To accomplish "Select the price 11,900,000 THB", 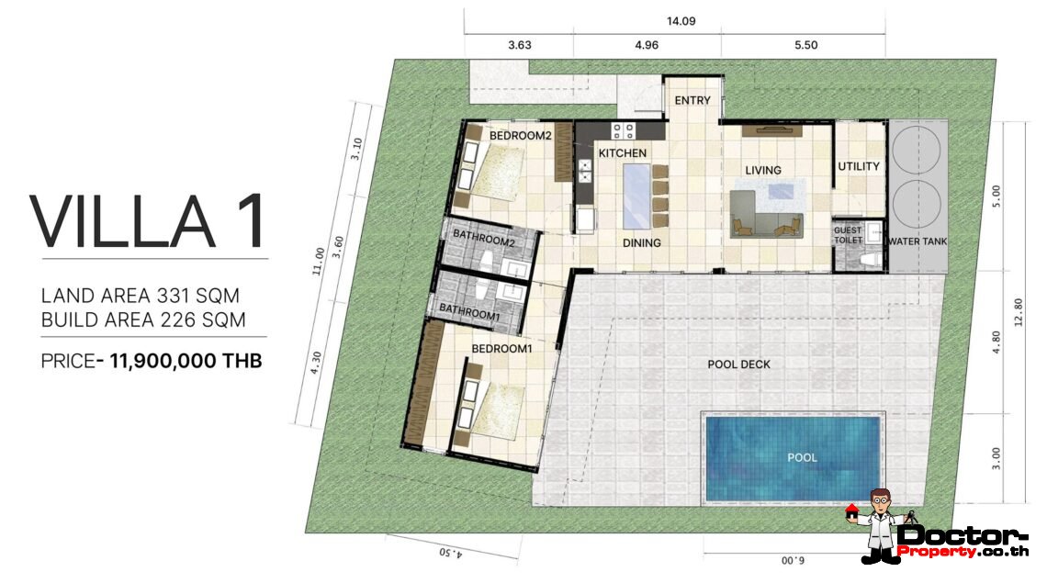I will [186, 361].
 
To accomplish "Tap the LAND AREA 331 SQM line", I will [141, 296].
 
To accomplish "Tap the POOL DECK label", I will [738, 364].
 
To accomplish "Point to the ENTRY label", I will [692, 100].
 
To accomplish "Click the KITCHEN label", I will [623, 152].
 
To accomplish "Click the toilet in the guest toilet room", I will [866, 259].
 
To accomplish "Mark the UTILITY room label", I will [859, 166].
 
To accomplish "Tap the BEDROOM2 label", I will [520, 136].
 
